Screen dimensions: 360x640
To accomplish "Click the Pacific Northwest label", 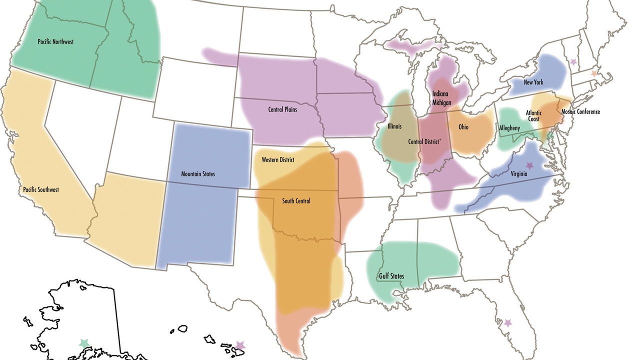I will (55, 42).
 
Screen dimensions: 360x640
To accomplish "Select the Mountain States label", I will (198, 174).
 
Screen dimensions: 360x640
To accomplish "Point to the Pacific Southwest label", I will (41, 190).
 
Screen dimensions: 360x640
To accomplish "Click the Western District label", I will (278, 160).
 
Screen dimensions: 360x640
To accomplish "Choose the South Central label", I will (296, 201).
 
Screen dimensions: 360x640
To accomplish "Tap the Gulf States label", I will (391, 276).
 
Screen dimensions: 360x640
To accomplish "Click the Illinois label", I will (394, 126).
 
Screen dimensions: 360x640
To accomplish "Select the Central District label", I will (424, 141).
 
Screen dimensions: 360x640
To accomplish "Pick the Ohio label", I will (463, 127).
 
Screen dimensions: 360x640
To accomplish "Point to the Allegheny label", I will (509, 128).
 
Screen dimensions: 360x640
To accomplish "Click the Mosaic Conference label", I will (580, 112).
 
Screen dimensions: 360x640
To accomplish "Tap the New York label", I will (533, 82).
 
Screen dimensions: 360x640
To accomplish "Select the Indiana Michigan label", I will (441, 98).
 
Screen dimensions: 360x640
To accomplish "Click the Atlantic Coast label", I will (533, 116).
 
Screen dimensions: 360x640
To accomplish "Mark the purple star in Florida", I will (508, 323).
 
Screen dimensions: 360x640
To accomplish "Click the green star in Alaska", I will (83, 343).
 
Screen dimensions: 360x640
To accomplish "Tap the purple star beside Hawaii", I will (240, 345).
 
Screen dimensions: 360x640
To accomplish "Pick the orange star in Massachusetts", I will (593, 73).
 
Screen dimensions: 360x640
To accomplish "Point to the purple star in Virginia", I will (529, 165).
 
